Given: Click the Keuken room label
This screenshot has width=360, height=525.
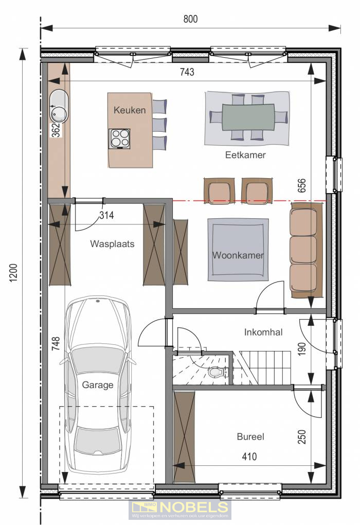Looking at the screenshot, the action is [x=130, y=110].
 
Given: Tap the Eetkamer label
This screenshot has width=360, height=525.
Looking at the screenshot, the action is [x=245, y=155].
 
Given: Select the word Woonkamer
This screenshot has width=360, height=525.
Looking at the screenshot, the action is [x=238, y=255].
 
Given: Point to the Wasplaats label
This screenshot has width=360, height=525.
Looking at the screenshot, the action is [x=112, y=243].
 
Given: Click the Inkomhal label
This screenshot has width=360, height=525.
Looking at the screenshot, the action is [x=263, y=332].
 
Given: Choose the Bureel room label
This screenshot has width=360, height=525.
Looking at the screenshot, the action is [x=250, y=436].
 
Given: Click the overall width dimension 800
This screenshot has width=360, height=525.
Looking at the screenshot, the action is [x=190, y=19].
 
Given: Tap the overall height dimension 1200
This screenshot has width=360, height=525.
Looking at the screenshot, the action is [x=13, y=273].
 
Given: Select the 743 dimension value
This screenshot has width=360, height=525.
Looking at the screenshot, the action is [x=187, y=72].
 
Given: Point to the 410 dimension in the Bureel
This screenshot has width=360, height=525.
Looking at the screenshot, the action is [x=249, y=457].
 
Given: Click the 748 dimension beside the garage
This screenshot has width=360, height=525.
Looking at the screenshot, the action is [x=56, y=343].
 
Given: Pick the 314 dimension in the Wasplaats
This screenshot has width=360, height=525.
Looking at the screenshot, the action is [x=106, y=215].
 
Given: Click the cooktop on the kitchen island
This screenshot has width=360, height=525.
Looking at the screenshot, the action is [x=119, y=138].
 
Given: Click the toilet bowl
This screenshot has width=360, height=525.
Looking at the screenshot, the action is [x=216, y=372].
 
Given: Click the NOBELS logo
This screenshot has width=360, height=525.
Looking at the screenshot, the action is [x=179, y=510].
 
